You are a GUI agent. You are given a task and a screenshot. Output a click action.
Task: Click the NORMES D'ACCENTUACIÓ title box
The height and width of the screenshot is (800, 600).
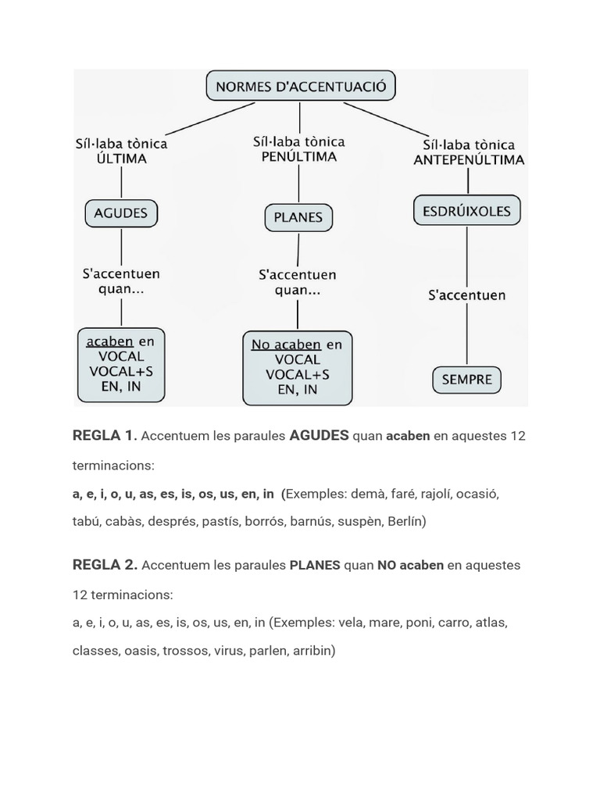(301, 87)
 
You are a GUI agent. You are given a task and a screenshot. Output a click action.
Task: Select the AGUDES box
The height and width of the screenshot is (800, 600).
(120, 212)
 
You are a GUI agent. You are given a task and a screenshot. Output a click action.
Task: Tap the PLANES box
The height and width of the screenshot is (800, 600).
(298, 217)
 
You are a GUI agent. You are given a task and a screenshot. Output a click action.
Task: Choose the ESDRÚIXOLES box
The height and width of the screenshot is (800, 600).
(466, 211)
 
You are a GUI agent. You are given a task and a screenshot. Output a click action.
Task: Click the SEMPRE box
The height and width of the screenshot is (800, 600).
(466, 380)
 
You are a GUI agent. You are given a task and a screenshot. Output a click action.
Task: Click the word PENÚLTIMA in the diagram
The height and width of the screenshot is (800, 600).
(298, 157)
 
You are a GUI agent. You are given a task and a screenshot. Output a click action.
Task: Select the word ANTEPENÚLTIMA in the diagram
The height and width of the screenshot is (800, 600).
(468, 159)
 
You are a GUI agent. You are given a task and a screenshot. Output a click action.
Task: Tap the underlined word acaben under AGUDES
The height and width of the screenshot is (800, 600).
(109, 341)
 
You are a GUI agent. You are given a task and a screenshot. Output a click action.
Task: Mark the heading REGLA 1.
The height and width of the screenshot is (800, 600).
(105, 436)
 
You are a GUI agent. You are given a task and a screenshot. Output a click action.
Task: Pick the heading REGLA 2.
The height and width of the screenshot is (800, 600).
(105, 565)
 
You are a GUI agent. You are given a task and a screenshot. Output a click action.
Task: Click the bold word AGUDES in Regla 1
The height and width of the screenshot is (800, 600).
(319, 436)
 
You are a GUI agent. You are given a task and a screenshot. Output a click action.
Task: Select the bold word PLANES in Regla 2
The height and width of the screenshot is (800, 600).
(315, 565)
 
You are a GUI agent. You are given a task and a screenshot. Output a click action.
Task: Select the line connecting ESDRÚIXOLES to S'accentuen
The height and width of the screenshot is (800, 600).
(466, 255)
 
